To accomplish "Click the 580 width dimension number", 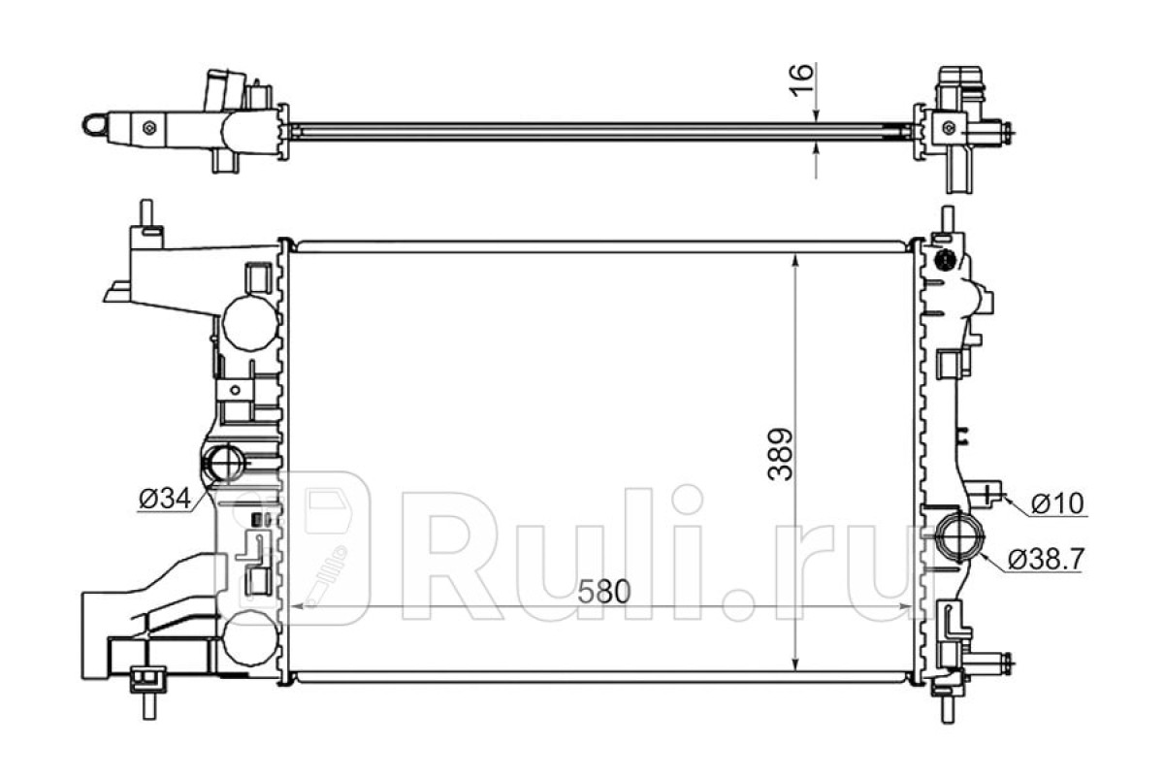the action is click(x=603, y=592).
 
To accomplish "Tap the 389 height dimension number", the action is click(x=781, y=454).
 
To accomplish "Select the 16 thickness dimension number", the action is click(x=801, y=81).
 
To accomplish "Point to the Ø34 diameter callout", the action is click(x=165, y=500).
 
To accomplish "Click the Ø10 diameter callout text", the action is click(x=1057, y=503).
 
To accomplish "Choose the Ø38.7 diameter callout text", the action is click(x=1046, y=560).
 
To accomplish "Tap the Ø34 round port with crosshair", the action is click(x=224, y=462).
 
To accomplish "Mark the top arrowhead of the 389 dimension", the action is click(x=795, y=263).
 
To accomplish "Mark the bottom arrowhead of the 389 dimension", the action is click(x=795, y=662).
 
